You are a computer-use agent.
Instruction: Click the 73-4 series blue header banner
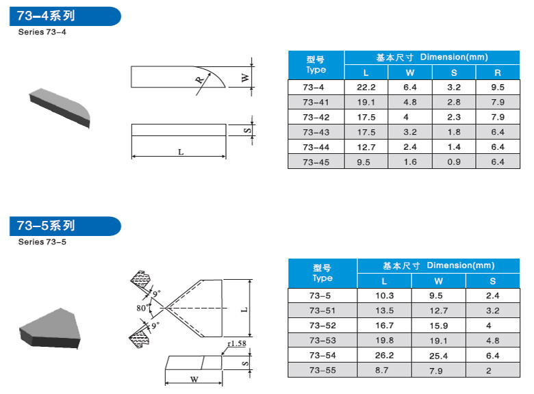pos(65,16)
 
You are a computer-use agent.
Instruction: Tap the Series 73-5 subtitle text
pos(42,242)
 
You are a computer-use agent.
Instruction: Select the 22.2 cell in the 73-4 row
pos(366,88)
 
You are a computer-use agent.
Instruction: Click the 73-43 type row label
pos(316,132)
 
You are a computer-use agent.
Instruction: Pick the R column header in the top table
pos(498,73)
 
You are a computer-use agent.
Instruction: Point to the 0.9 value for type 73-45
pos(454,162)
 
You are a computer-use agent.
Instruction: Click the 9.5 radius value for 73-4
pos(498,88)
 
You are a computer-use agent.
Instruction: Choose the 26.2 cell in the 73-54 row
pos(385,356)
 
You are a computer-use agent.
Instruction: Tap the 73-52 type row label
pos(322,326)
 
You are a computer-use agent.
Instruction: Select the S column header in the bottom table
pos(492,281)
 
